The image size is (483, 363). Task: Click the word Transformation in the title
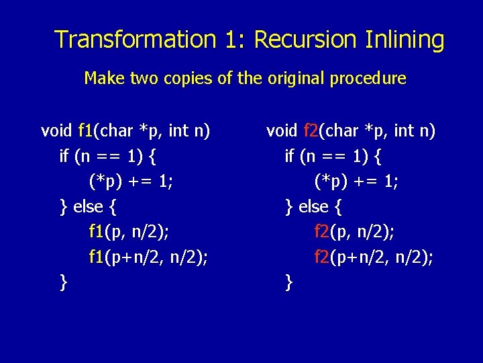[134, 40]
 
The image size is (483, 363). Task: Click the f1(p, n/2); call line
[129, 232]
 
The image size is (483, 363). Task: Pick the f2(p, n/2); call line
[354, 232]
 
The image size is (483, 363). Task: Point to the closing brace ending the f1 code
[63, 282]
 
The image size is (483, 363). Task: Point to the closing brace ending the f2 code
[288, 282]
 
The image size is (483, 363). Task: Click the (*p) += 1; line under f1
[131, 181]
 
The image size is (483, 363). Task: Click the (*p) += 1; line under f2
[356, 181]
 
